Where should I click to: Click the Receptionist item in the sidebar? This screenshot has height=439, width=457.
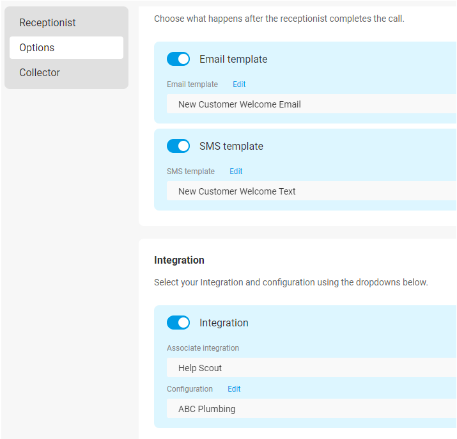click(47, 22)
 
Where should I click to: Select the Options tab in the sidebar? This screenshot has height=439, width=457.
click(66, 47)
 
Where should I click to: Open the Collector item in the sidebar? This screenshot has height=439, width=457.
click(40, 72)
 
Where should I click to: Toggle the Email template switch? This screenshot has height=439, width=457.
click(178, 59)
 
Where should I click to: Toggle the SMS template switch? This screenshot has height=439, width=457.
click(178, 146)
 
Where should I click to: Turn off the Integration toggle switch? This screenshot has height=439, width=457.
click(178, 323)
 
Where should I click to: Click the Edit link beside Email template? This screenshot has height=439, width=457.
click(239, 84)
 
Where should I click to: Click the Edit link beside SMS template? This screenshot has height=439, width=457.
click(236, 172)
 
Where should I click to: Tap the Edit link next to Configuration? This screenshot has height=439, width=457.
click(234, 389)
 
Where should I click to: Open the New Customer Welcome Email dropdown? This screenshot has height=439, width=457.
click(311, 104)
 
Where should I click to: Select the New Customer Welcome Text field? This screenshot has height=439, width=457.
click(311, 191)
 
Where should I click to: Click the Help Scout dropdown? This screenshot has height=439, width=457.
click(311, 367)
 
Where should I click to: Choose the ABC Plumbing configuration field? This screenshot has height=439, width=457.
click(311, 408)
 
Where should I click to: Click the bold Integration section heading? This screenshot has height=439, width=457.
click(179, 260)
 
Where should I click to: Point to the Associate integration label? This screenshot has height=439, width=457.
click(203, 348)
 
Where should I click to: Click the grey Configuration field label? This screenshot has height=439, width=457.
click(190, 389)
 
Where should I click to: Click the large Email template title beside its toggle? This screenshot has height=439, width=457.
click(233, 60)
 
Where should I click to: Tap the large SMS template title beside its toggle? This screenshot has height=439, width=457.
click(231, 147)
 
